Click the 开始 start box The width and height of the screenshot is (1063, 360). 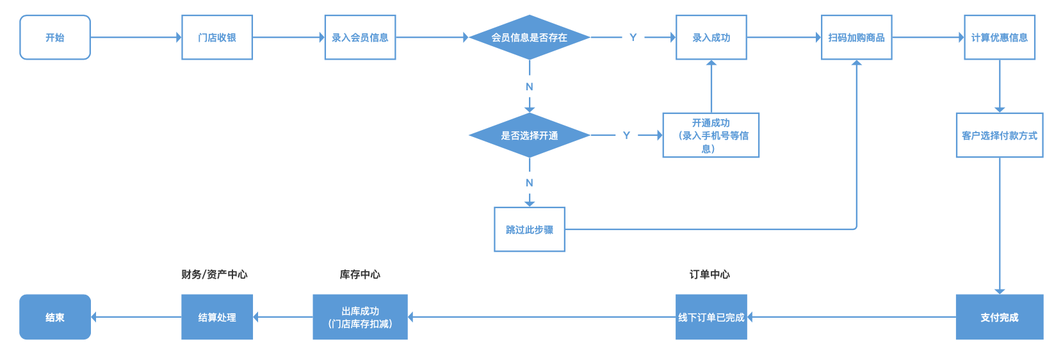point(55,38)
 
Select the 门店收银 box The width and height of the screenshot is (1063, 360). point(217,38)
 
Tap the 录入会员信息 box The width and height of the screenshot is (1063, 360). point(360,38)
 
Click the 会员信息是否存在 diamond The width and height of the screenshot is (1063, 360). point(530,38)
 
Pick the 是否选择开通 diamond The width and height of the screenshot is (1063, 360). point(530,136)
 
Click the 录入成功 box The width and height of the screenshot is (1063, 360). point(711,38)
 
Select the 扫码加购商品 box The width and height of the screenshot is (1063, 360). point(856,38)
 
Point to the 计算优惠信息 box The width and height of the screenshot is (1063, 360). point(1000,38)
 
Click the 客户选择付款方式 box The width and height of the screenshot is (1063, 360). point(1000,136)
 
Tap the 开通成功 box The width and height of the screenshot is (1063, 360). point(711,136)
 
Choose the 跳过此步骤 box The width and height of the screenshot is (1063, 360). point(530,229)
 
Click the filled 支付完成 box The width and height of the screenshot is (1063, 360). point(1000,317)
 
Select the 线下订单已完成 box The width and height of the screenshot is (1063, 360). point(711,317)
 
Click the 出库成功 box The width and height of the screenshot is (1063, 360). point(360,317)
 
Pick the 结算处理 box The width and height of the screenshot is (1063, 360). point(217,317)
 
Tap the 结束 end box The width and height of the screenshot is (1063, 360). point(55,317)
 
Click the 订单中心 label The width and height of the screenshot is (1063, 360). point(710,275)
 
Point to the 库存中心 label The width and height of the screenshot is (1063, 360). point(360,275)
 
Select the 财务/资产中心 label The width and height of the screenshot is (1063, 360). point(215,275)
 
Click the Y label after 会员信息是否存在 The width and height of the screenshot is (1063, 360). point(633,38)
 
